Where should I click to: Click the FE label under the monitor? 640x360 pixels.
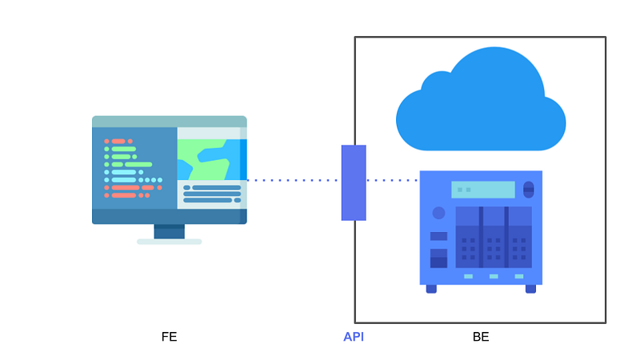169,337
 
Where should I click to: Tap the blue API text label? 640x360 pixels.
354,337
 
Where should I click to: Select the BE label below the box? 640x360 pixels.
481,337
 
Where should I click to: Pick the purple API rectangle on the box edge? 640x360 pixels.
354,182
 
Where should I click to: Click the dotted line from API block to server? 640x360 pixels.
392,180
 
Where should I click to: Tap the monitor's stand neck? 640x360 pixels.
169,231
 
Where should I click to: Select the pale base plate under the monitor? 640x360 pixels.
169,241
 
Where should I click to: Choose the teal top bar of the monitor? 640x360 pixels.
169,122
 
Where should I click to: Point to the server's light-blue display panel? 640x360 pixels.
482,190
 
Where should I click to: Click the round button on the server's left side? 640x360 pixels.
438,213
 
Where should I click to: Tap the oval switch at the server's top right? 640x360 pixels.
528,190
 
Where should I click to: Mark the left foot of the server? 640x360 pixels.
431,289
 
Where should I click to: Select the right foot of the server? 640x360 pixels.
530,289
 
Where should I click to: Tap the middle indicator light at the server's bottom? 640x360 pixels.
494,277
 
